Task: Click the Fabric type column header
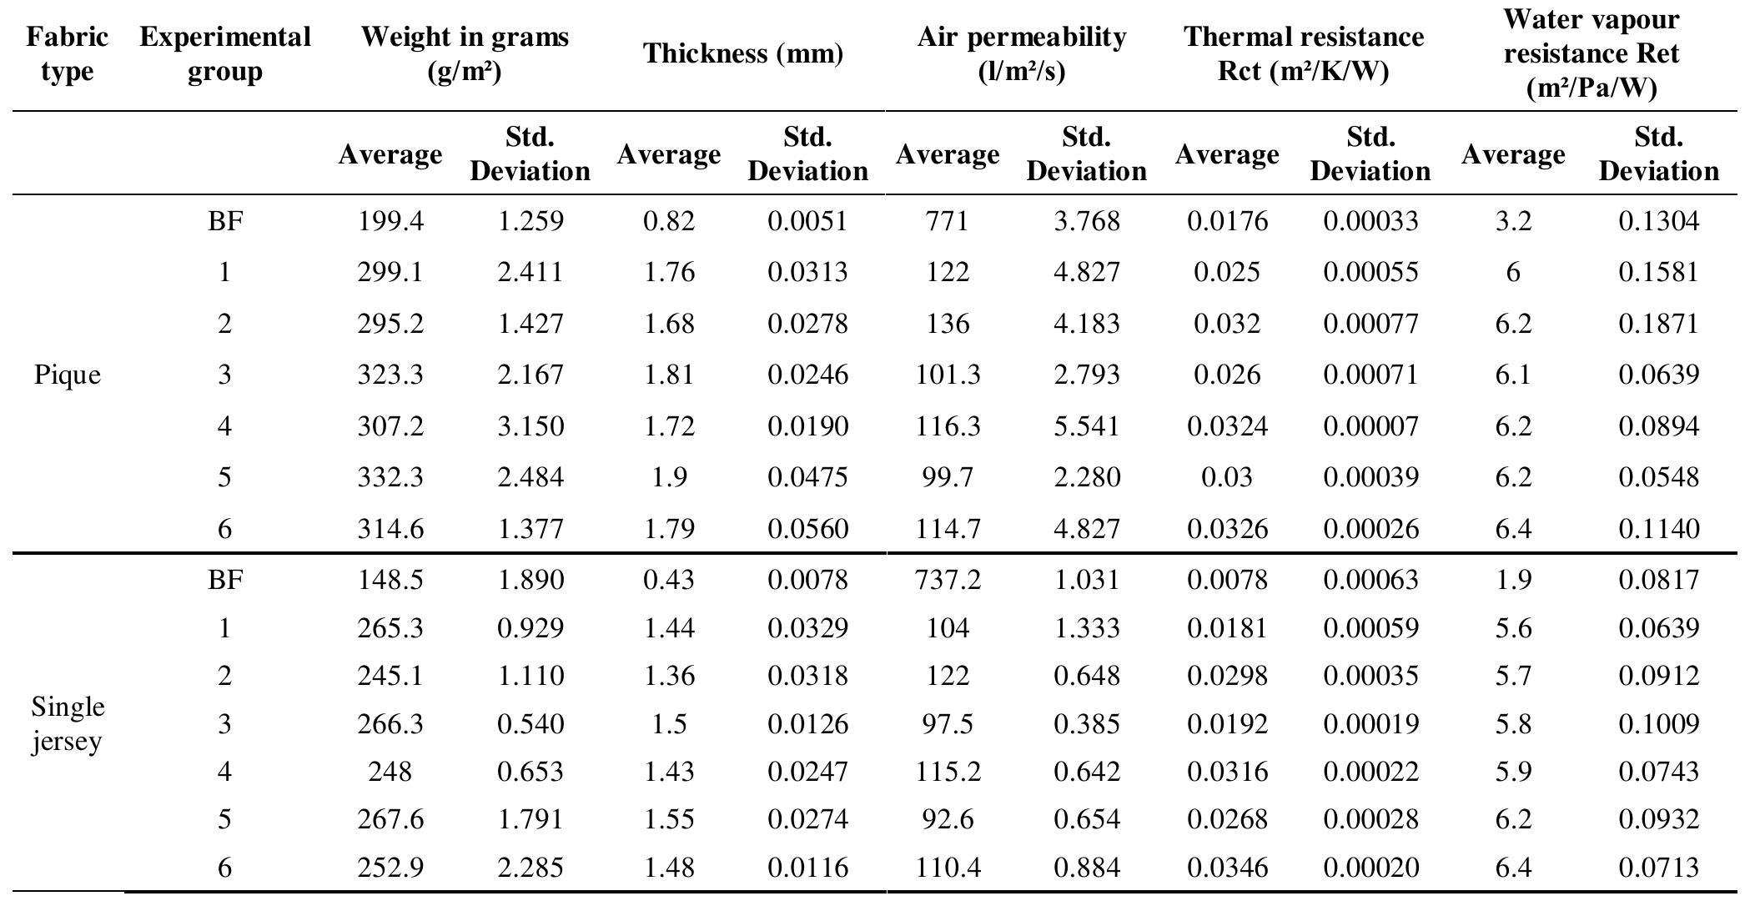point(67,53)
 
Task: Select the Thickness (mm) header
point(742,53)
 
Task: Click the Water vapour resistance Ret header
point(1591,53)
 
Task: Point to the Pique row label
point(67,375)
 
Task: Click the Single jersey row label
point(67,723)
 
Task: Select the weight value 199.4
point(390,221)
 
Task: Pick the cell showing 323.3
point(390,375)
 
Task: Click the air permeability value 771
point(947,221)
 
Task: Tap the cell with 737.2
point(947,579)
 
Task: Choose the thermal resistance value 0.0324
point(1226,426)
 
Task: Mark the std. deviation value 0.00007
point(1370,426)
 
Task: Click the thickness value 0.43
point(668,579)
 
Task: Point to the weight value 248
point(390,771)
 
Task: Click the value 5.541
point(1086,426)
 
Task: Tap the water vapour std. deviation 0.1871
point(1657,324)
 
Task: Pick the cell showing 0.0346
point(1226,868)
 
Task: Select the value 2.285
point(530,868)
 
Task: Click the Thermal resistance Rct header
point(1303,53)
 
